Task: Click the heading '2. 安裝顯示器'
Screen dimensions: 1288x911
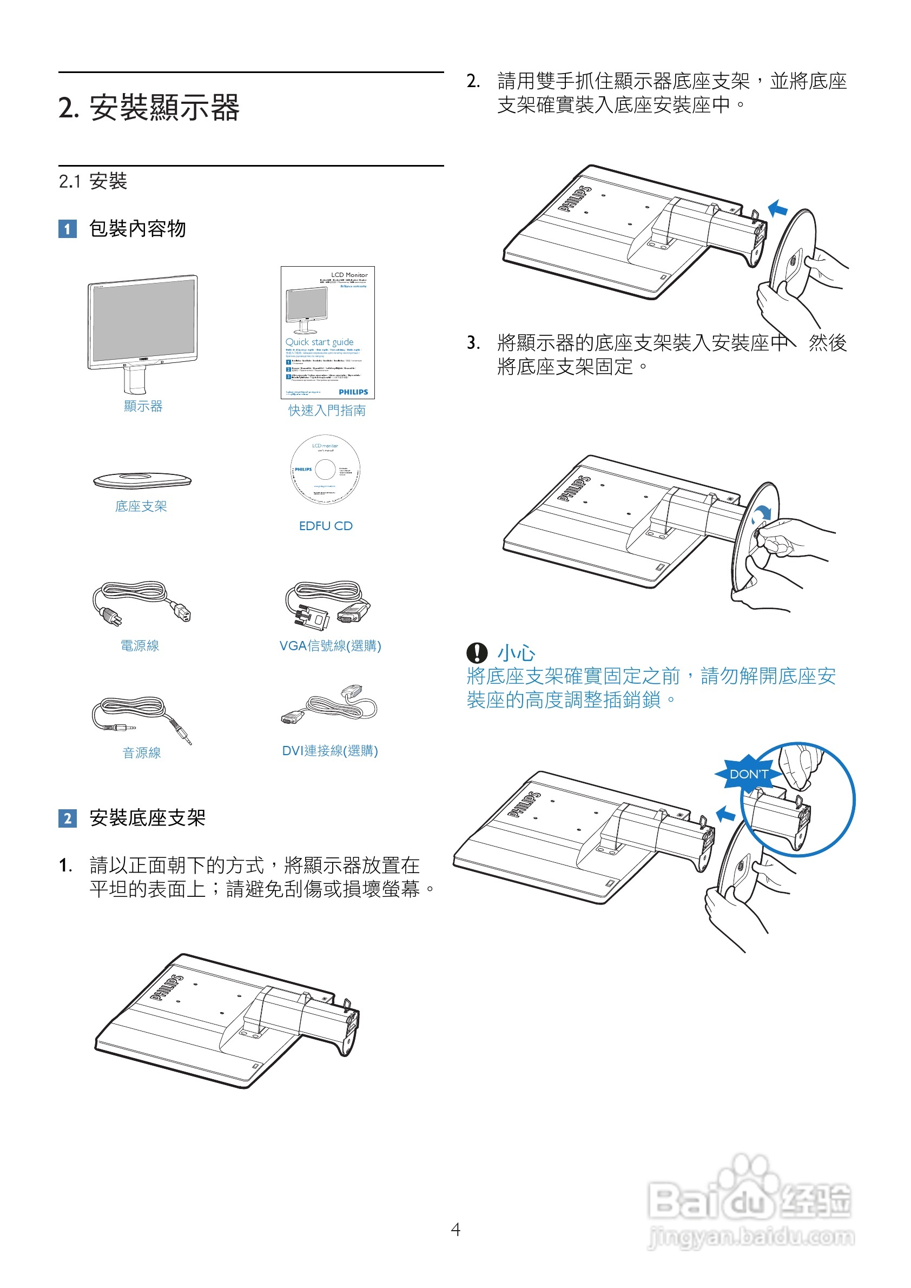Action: [x=149, y=108]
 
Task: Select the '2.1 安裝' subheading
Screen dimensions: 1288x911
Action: [x=93, y=181]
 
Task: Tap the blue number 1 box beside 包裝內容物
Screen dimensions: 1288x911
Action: [x=67, y=229]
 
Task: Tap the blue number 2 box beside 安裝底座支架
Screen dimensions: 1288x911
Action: [x=67, y=818]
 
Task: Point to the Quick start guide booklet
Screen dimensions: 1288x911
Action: [x=328, y=332]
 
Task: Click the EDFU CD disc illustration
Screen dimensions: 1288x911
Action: [x=325, y=469]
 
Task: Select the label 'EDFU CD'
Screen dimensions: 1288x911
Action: [x=325, y=526]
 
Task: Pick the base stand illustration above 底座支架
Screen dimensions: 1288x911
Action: [x=142, y=480]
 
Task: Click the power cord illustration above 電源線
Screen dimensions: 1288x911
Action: [x=141, y=603]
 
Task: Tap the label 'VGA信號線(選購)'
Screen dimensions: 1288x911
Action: [x=330, y=646]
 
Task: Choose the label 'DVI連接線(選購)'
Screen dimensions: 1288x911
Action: [x=330, y=751]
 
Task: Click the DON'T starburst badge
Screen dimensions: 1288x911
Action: [x=748, y=774]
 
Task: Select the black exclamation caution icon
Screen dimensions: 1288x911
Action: [x=477, y=652]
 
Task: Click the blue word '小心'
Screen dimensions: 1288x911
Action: [x=516, y=653]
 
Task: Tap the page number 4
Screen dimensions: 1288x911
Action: [x=455, y=1229]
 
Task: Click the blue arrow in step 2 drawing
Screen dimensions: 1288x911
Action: [x=777, y=209]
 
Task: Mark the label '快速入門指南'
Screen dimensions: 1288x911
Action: [x=327, y=411]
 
